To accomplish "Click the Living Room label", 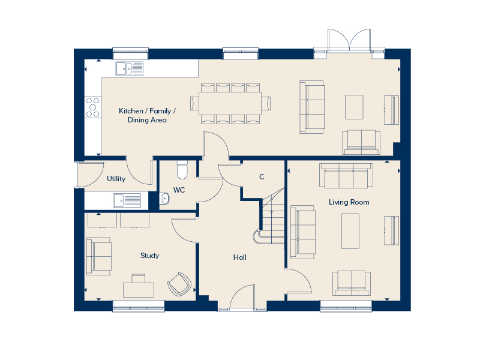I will [349, 202].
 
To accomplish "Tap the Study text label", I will [149, 256].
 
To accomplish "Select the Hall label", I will [240, 257].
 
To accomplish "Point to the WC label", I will [179, 190].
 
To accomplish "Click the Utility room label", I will [116, 179].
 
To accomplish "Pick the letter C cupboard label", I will [262, 177].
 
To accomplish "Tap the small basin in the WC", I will [165, 198].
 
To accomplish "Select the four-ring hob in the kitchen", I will [92, 107].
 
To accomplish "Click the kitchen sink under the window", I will [130, 68].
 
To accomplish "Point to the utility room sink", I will [127, 199].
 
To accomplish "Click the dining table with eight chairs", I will [230, 104].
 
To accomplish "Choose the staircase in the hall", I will [272, 217].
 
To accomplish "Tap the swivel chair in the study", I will [179, 283].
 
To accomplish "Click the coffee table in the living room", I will [350, 231].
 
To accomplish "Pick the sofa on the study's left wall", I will [98, 255].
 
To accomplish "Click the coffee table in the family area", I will [353, 107].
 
